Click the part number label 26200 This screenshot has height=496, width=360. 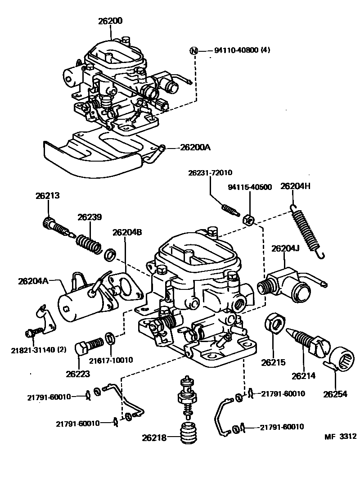click(x=110, y=21)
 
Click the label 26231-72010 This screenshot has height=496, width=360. click(x=210, y=173)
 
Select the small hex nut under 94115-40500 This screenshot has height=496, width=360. click(x=247, y=220)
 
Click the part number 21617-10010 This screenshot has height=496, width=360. click(x=111, y=360)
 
